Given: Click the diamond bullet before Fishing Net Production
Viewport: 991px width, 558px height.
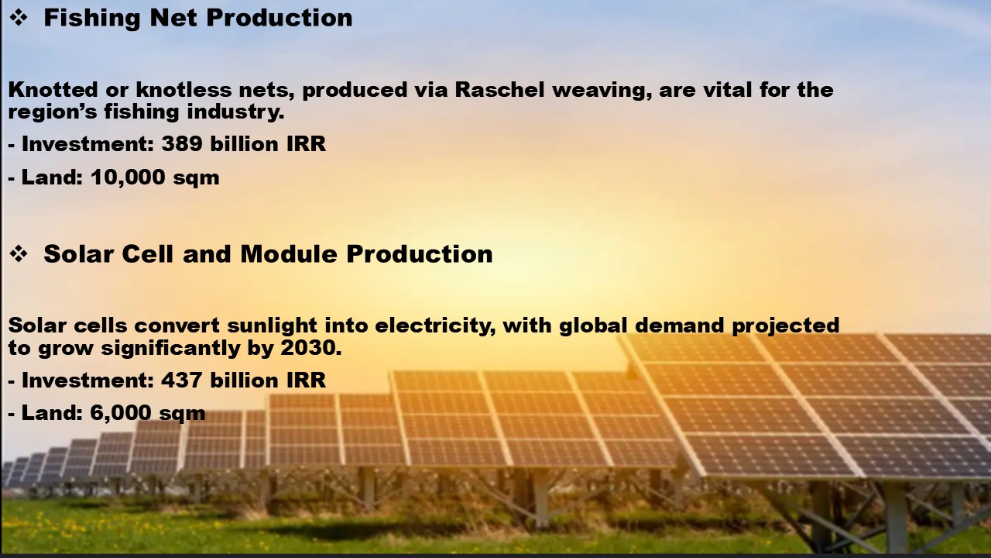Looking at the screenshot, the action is [19, 18].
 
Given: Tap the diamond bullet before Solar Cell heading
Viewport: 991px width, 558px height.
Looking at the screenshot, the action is [19, 254].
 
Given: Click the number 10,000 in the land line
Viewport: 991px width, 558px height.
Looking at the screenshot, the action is [128, 177].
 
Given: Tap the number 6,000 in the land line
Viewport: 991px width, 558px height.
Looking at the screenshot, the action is [121, 413].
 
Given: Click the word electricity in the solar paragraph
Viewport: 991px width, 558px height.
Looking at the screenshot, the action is [435, 326].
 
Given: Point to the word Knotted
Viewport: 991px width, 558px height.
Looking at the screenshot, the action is [53, 90].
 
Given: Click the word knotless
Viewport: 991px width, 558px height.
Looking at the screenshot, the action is [183, 90].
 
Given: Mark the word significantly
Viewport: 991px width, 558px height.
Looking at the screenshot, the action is [170, 349].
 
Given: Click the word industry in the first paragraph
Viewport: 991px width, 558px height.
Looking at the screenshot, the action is [235, 112].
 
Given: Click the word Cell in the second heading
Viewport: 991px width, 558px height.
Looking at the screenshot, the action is [147, 254].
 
